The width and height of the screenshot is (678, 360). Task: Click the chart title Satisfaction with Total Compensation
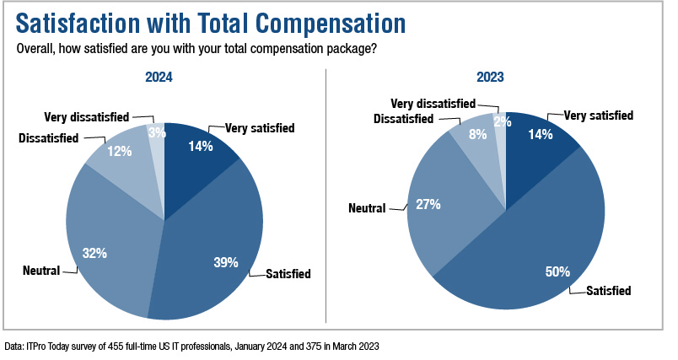[x=211, y=24]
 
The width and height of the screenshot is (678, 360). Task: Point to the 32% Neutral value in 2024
[x=94, y=252]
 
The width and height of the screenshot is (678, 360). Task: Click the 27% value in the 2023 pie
[x=428, y=205]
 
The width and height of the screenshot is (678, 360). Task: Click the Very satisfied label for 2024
[x=260, y=129]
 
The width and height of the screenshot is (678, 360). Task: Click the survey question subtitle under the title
[x=196, y=48]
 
